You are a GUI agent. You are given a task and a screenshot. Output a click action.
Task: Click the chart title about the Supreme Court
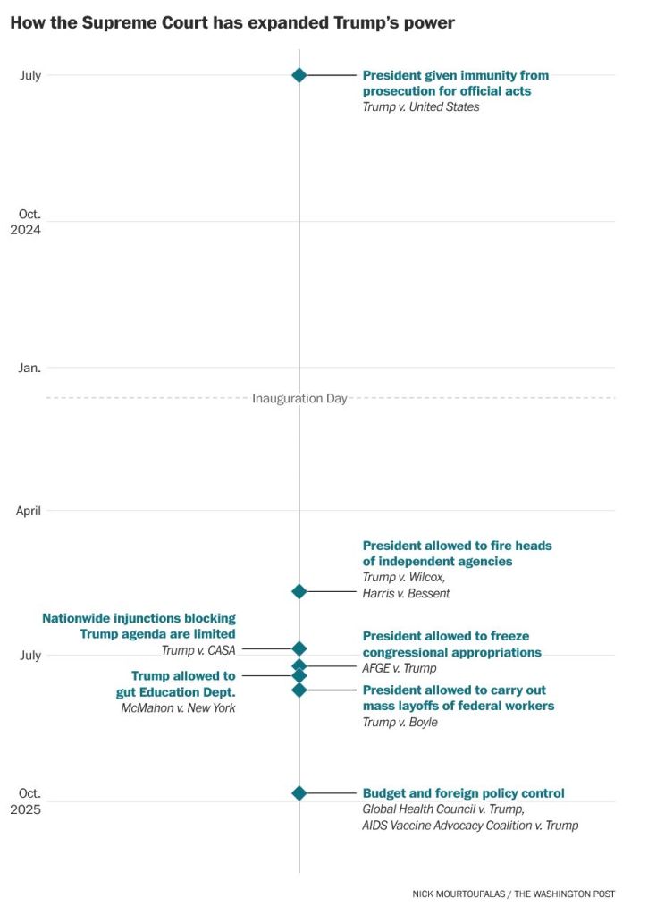point(232,23)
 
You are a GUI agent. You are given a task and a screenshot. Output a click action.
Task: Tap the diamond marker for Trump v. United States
point(299,75)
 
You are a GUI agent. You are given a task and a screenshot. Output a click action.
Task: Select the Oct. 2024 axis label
point(30,221)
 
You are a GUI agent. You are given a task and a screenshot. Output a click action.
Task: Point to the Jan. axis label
point(29,368)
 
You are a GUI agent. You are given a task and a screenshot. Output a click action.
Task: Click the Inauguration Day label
point(299,398)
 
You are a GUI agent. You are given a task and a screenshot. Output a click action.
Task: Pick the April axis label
point(29,511)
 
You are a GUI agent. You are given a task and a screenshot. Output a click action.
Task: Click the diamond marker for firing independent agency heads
point(299,591)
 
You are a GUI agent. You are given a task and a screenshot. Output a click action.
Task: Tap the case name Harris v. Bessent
point(406,593)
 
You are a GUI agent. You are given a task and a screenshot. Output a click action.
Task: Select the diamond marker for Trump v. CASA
point(299,648)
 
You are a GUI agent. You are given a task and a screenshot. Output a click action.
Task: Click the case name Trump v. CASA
point(198,650)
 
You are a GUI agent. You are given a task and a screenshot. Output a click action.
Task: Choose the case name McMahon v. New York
point(178,708)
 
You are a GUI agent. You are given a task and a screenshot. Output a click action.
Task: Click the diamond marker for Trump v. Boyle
point(299,690)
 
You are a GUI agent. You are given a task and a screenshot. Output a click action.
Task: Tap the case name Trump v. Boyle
point(400,722)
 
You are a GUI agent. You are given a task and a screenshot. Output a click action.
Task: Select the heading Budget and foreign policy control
point(463,793)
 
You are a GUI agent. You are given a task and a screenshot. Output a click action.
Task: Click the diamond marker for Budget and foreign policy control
point(299,792)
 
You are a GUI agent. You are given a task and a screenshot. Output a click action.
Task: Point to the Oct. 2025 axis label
point(30,801)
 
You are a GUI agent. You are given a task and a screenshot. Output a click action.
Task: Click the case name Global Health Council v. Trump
point(442,809)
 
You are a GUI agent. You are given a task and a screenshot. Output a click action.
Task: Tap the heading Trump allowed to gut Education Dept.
point(183,684)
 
